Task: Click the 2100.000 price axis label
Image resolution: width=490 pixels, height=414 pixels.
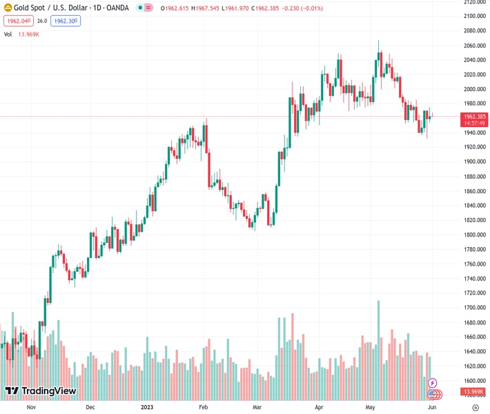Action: click(472, 16)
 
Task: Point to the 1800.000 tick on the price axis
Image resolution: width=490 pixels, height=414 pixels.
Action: click(472, 235)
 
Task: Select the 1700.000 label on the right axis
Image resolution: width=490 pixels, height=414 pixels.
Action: click(472, 308)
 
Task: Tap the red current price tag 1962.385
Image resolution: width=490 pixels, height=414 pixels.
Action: click(473, 117)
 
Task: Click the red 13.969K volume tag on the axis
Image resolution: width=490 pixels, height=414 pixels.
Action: click(473, 392)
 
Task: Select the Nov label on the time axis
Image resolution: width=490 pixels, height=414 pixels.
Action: click(30, 407)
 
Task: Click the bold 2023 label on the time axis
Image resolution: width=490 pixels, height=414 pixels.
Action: click(147, 407)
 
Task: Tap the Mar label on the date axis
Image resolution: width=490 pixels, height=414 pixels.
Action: click(257, 407)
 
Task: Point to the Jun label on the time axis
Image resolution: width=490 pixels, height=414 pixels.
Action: click(431, 407)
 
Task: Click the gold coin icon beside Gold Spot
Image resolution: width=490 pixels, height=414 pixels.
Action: click(8, 8)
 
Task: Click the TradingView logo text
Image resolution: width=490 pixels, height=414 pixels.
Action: click(48, 391)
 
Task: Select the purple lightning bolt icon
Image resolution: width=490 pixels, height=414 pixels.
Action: click(433, 383)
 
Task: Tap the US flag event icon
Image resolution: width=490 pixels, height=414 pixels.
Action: click(433, 394)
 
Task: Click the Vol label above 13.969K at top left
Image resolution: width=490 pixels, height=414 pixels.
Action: click(8, 34)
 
